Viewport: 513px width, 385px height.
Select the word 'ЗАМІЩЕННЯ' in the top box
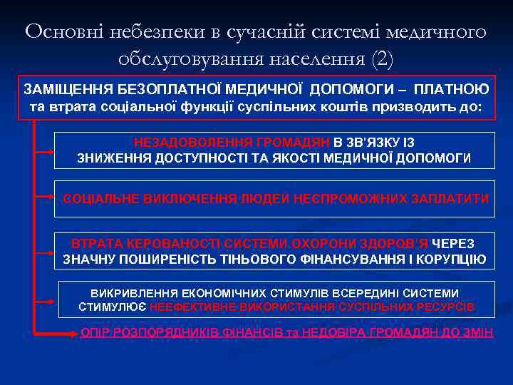[x=64, y=91]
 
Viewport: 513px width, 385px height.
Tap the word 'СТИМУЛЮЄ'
[x=113, y=307]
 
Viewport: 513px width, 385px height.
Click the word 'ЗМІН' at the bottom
[x=477, y=332]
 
